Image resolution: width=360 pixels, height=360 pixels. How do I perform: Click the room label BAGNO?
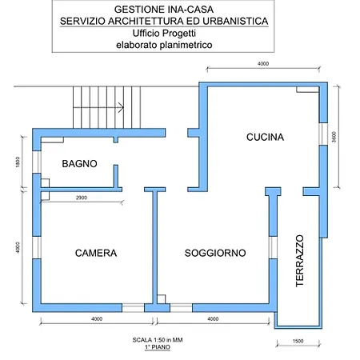tap(79, 163)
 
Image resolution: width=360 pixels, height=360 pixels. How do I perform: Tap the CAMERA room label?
tap(96, 253)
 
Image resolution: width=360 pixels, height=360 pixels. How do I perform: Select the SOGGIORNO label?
tap(214, 253)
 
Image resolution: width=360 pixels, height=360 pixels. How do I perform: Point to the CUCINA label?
tap(264, 138)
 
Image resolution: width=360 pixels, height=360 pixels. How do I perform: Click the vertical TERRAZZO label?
tap(299, 264)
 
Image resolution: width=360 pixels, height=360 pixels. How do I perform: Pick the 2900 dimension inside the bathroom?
tap(81, 197)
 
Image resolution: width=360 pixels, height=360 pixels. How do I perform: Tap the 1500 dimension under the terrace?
tap(298, 342)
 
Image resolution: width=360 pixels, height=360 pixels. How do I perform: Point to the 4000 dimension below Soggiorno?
tap(213, 319)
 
